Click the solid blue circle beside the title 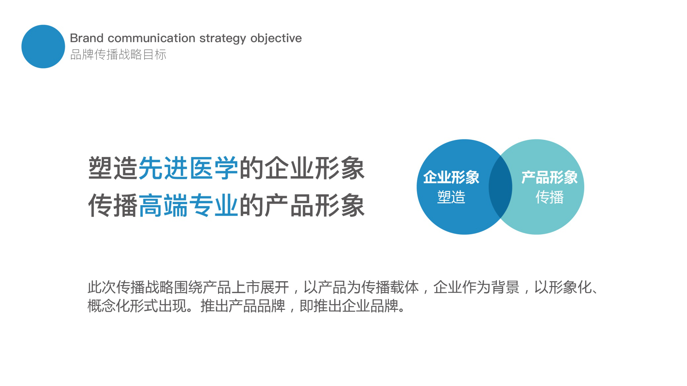(43, 47)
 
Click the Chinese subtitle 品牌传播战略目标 (118, 54)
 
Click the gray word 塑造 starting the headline (113, 168)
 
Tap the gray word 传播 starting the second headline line (113, 206)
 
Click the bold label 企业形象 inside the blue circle (451, 177)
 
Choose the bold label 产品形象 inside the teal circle (550, 177)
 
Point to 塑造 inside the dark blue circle (451, 197)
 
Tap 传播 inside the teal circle (550, 197)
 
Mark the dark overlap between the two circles (501, 187)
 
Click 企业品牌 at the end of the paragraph (370, 306)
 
